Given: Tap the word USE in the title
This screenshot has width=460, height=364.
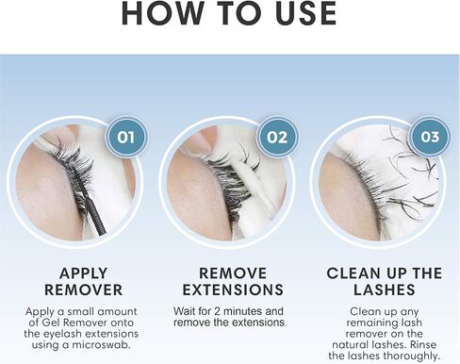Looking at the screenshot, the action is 306,14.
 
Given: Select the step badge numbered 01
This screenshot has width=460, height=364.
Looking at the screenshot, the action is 126,138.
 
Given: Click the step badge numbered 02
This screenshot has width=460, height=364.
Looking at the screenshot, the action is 277,138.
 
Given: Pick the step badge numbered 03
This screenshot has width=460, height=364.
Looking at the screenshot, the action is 430,137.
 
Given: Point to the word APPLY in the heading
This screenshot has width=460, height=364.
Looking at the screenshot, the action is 84,273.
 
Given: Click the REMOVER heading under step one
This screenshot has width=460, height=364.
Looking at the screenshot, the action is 84,290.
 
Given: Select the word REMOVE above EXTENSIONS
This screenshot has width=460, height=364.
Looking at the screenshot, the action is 233,273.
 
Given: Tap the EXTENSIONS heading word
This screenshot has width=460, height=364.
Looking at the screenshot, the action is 233,290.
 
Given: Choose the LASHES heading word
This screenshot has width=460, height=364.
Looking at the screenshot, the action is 385,290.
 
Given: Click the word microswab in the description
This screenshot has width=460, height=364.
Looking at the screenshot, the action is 101,345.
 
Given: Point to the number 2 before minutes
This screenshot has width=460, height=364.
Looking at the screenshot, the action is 217,311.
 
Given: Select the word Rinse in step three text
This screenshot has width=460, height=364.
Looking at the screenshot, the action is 423,344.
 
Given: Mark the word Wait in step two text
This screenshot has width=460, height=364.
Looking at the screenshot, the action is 184,311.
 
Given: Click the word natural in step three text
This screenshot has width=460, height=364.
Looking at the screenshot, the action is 350,344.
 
